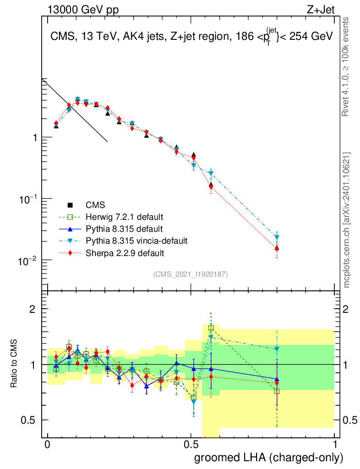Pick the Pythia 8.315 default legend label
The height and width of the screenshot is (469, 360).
pyautogui.click(x=124, y=229)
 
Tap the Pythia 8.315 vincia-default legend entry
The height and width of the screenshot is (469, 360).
pyautogui.click(x=136, y=240)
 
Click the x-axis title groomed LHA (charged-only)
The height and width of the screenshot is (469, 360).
pyautogui.click(x=269, y=458)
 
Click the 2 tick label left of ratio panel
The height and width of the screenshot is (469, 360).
pyautogui.click(x=33, y=309)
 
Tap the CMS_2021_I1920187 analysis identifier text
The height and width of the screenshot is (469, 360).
pyautogui.click(x=191, y=274)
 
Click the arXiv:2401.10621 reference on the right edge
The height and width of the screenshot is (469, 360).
pyautogui.click(x=347, y=220)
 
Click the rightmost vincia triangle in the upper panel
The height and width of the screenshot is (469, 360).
pyautogui.click(x=277, y=237)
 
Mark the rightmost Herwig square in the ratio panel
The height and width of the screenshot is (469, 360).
pyautogui.click(x=277, y=391)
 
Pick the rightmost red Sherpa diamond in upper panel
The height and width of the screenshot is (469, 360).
pyautogui.click(x=277, y=249)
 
